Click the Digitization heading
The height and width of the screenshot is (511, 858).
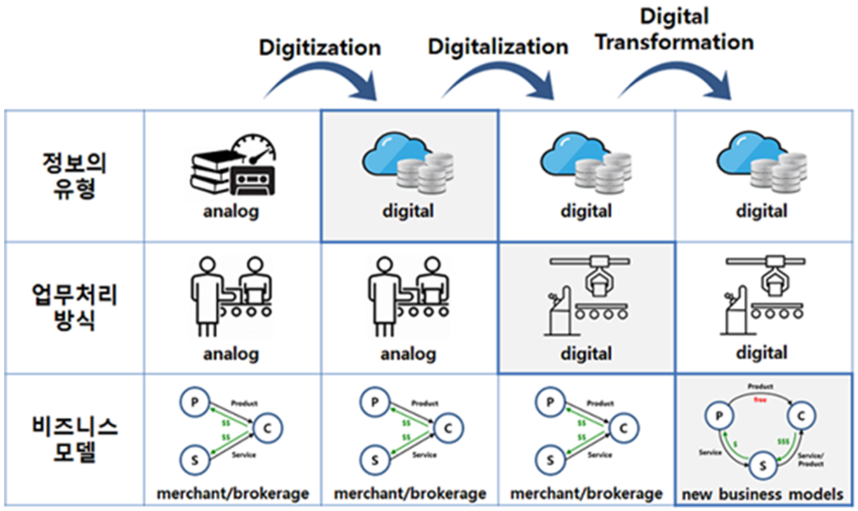click(x=320, y=47)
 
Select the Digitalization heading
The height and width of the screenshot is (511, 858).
click(x=498, y=46)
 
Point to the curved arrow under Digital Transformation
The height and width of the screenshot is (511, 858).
click(x=676, y=81)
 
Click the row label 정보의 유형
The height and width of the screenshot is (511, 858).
click(x=75, y=175)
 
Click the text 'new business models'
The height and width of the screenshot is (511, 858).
click(x=763, y=494)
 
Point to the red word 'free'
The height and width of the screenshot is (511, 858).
click(x=760, y=399)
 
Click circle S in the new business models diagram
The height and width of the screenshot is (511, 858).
click(x=763, y=465)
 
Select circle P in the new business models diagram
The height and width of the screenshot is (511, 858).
click(x=719, y=416)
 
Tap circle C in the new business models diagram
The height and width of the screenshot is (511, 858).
click(x=801, y=416)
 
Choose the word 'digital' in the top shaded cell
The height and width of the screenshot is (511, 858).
click(x=408, y=211)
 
